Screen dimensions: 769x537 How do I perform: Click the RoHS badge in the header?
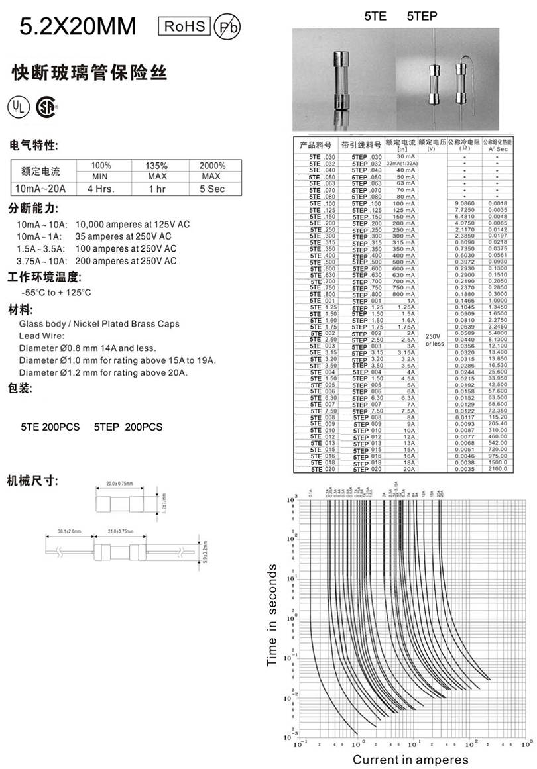184,26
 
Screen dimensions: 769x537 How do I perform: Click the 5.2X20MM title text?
78,27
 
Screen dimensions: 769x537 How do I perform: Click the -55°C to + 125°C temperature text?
56,292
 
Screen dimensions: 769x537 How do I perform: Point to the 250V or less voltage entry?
434,340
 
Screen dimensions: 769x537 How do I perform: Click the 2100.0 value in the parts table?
497,469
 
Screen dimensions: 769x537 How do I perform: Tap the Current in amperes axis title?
410,759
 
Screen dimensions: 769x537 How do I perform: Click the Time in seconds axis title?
272,615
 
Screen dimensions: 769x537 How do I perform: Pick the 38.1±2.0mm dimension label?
69,532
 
